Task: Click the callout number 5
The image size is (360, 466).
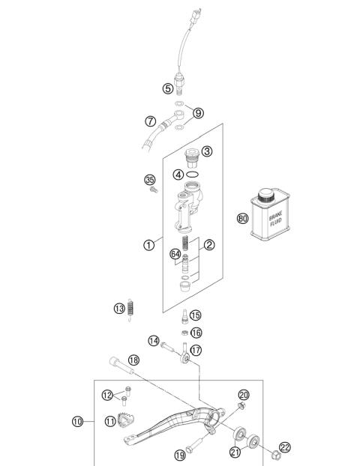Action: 168,88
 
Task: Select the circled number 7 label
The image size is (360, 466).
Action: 150,120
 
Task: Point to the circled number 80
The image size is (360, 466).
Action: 242,219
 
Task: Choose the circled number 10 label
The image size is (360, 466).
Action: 77,422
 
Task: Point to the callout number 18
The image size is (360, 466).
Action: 133,360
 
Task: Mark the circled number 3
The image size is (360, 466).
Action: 207,151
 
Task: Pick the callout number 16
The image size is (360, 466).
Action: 196,333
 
